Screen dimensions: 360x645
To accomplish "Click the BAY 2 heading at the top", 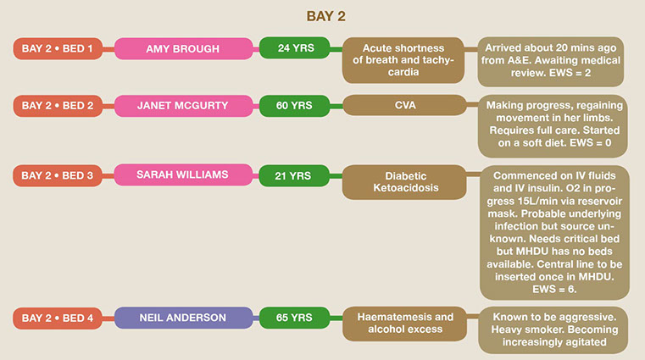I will (321, 16).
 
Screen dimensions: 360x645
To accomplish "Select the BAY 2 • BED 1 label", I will (58, 48).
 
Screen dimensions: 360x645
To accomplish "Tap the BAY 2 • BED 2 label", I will (58, 106).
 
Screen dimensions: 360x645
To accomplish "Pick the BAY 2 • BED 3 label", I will (58, 175).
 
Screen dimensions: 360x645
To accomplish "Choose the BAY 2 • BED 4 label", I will (58, 318).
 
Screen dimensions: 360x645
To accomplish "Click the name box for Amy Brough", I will (183, 49).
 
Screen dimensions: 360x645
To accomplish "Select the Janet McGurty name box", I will (183, 106).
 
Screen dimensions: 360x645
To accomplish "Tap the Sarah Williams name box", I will (183, 175).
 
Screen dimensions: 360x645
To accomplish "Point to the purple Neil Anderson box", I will (183, 318).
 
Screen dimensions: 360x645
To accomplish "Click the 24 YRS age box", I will (295, 47).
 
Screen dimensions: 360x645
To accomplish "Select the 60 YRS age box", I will (295, 105).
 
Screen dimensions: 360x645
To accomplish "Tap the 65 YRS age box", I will (295, 318).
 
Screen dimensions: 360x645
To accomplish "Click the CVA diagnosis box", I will (403, 106).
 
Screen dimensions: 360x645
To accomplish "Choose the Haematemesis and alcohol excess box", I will (403, 324).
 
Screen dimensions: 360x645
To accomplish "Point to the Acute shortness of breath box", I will (403, 60).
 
